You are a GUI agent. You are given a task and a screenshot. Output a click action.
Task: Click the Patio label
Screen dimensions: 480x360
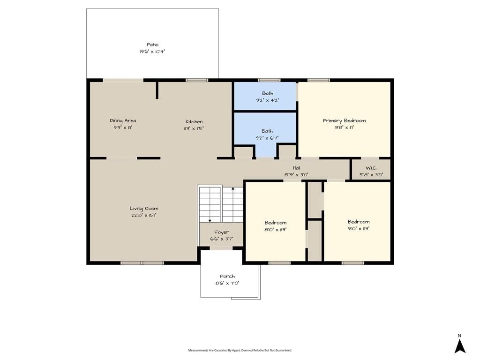click(x=152, y=45)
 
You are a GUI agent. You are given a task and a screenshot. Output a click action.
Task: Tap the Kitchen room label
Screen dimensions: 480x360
click(x=194, y=121)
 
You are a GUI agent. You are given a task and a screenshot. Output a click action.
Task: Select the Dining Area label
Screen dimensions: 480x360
click(x=123, y=121)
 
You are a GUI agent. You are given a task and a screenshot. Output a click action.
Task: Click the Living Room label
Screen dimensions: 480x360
click(x=144, y=209)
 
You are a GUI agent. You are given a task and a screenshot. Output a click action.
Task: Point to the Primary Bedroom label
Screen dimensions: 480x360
click(x=344, y=121)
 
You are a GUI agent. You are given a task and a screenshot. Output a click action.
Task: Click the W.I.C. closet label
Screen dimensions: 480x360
click(x=371, y=168)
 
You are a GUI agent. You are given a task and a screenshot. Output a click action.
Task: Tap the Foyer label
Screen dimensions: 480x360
click(x=221, y=232)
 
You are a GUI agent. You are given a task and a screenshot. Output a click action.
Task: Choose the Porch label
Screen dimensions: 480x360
click(x=227, y=277)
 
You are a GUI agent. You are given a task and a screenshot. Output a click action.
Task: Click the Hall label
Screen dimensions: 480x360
click(x=296, y=168)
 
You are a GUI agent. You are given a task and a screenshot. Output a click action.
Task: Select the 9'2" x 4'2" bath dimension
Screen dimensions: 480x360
click(x=268, y=100)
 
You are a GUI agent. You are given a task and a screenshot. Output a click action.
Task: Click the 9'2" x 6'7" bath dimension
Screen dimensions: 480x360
click(x=267, y=138)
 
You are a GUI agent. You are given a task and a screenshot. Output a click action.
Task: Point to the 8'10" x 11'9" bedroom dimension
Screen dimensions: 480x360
click(x=276, y=230)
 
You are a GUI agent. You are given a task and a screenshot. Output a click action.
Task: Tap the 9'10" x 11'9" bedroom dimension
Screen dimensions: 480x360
click(x=359, y=229)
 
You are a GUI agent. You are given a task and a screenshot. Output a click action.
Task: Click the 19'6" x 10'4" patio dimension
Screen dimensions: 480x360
click(x=152, y=52)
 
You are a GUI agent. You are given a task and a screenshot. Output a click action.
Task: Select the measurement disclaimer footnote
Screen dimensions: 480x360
click(x=240, y=350)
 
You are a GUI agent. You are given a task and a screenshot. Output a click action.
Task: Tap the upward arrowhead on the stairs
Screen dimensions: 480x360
click(x=233, y=189)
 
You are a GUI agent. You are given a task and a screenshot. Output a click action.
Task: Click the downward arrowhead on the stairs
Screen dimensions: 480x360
click(x=210, y=220)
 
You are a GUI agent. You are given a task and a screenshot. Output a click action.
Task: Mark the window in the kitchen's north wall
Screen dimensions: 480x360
click(x=197, y=80)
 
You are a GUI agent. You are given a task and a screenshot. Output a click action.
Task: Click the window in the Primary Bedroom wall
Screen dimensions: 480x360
click(x=319, y=80)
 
